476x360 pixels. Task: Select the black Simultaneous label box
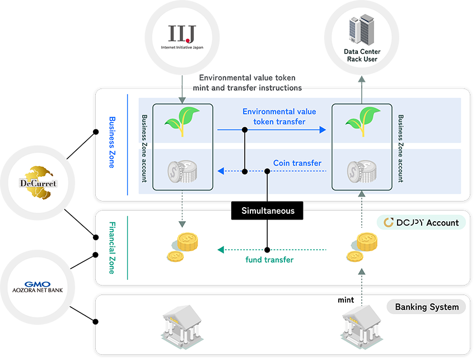pyautogui.click(x=267, y=211)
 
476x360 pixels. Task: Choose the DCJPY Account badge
pyautogui.click(x=421, y=222)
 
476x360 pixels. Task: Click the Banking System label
pyautogui.click(x=426, y=307)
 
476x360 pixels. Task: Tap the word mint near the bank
pyautogui.click(x=346, y=300)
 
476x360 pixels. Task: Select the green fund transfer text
pyautogui.click(x=269, y=260)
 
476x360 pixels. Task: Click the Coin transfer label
pyautogui.click(x=297, y=163)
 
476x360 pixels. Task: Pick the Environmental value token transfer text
pyautogui.click(x=279, y=116)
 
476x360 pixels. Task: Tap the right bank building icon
pyautogui.click(x=361, y=325)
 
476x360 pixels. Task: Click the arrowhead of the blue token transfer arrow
pyautogui.click(x=323, y=130)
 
